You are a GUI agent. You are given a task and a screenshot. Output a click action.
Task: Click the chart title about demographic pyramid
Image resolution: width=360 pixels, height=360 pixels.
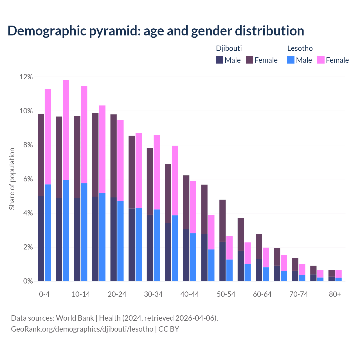coord(156,31)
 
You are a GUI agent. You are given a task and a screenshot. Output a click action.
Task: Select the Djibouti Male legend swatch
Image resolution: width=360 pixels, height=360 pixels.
coord(219,60)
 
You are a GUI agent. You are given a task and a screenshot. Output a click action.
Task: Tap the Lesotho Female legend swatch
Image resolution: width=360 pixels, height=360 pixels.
coord(321,60)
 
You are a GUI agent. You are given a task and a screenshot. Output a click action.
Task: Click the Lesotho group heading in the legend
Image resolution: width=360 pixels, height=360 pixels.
coord(300,48)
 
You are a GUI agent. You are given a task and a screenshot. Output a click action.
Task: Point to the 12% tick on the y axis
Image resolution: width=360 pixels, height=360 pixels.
coord(26,77)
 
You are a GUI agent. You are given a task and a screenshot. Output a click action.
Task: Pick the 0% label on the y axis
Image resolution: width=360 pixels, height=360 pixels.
coord(28,281)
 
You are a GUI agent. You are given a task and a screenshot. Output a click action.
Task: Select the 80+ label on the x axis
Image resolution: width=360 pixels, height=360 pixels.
coord(335,294)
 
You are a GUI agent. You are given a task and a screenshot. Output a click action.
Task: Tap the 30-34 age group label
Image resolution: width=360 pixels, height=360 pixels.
coord(153,294)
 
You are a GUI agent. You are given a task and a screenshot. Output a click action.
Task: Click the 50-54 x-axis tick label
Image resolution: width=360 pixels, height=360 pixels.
coord(226,294)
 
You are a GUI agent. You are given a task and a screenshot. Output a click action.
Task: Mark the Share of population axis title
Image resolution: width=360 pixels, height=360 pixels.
coord(12,179)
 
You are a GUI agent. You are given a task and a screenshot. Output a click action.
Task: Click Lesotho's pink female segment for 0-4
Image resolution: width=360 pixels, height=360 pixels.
coord(48,137)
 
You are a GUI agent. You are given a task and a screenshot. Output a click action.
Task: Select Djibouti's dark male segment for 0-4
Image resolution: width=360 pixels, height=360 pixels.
coord(41,238)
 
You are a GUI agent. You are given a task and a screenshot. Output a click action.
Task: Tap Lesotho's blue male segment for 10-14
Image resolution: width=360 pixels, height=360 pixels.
coord(84,232)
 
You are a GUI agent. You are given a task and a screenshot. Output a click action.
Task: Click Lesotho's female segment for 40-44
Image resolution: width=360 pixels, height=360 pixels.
coord(193,207)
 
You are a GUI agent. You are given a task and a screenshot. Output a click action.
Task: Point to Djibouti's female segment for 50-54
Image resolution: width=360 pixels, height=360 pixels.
coord(222,220)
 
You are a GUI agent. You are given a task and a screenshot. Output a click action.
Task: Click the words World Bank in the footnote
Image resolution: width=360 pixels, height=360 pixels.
coord(75,318)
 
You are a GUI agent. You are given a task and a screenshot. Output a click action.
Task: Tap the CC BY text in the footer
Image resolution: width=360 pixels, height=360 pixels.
coord(169,329)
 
